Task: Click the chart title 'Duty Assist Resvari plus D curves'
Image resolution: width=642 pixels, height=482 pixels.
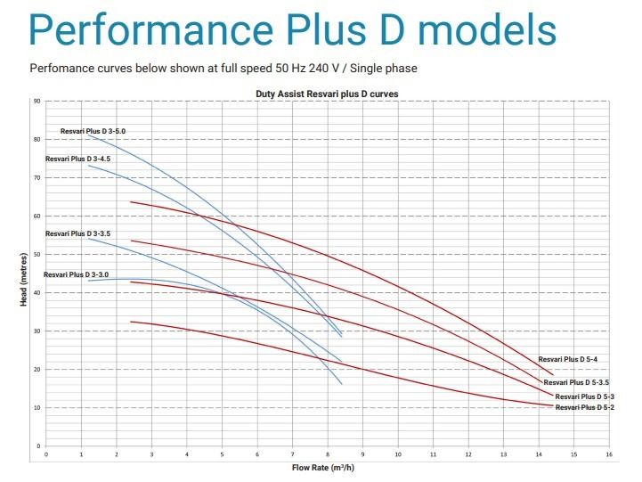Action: pos(327,93)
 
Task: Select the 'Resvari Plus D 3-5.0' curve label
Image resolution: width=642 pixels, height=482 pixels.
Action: pos(93,131)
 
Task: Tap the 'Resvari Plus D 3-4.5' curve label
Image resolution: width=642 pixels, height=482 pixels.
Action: pos(78,159)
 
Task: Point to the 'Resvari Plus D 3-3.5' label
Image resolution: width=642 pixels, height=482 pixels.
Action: pos(78,233)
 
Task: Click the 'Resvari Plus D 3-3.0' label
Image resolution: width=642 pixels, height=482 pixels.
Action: pos(76,274)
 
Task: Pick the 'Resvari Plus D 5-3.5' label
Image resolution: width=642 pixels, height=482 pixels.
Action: pos(576,381)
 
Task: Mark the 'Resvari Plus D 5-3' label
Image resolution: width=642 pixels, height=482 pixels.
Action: pos(585,396)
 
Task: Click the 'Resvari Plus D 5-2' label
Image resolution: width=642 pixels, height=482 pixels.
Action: pos(585,407)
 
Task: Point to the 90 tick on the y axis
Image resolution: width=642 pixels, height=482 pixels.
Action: pos(37,102)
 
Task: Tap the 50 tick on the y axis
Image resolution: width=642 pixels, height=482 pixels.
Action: pos(37,255)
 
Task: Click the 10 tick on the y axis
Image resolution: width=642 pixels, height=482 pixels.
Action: pos(37,408)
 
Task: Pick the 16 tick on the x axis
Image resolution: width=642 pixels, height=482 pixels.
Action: pos(609,454)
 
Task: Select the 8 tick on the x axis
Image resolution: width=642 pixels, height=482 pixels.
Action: pos(328,454)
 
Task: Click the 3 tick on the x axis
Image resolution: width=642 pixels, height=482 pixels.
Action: pos(151,454)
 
